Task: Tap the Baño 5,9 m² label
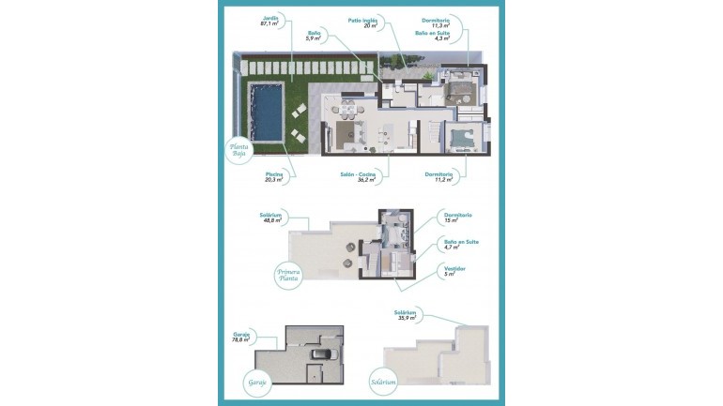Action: (x=314, y=37)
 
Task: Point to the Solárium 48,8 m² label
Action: (x=270, y=218)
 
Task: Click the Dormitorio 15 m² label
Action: (x=457, y=218)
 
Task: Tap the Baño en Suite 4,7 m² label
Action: (x=461, y=244)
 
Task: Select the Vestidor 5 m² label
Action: (x=455, y=271)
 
